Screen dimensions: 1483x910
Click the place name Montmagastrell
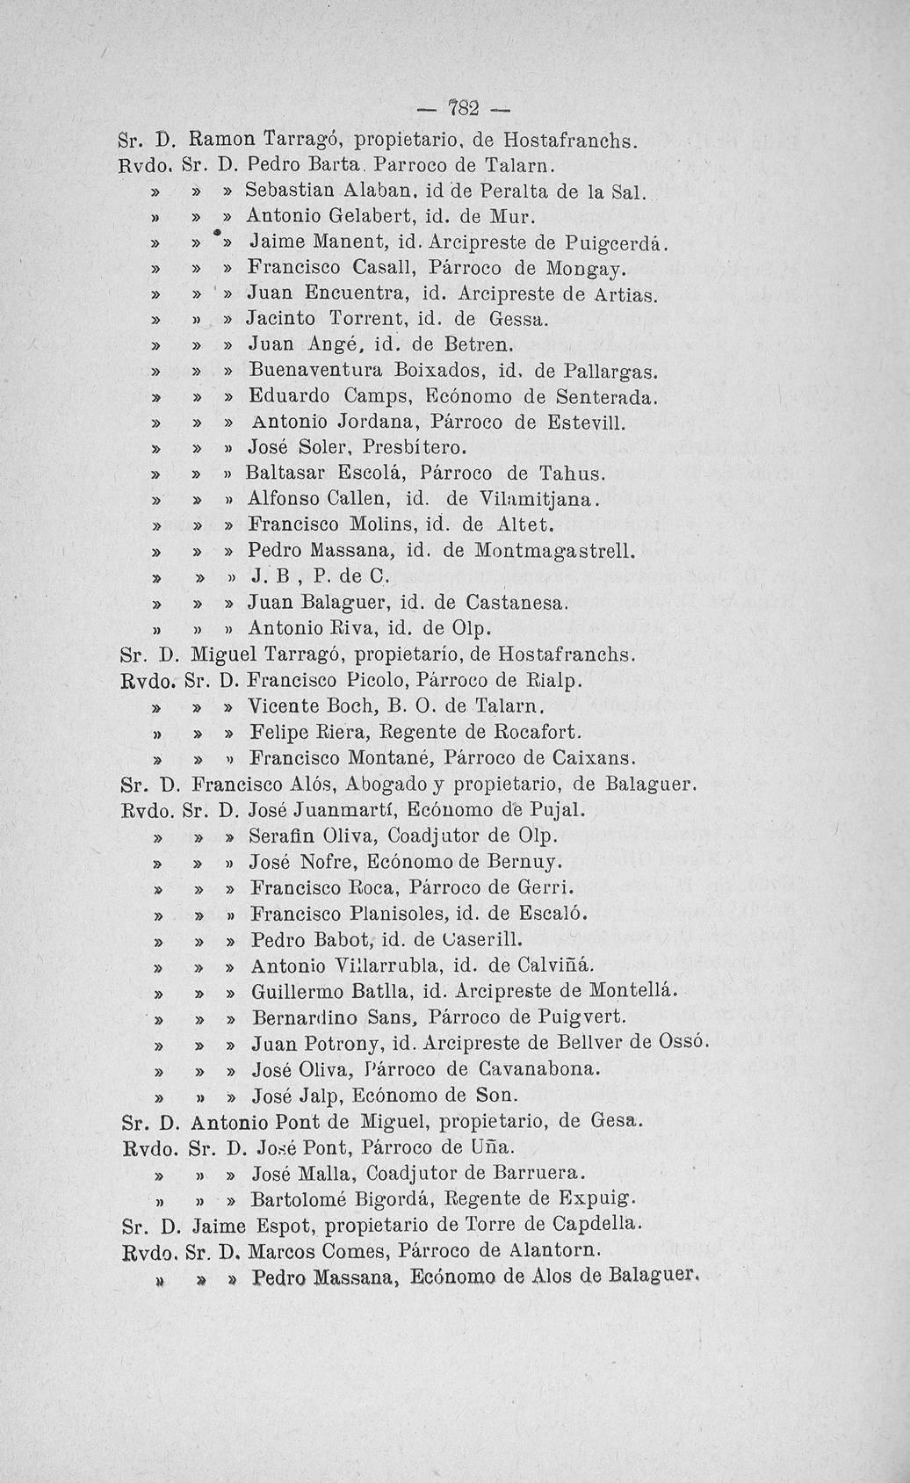click(x=553, y=553)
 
